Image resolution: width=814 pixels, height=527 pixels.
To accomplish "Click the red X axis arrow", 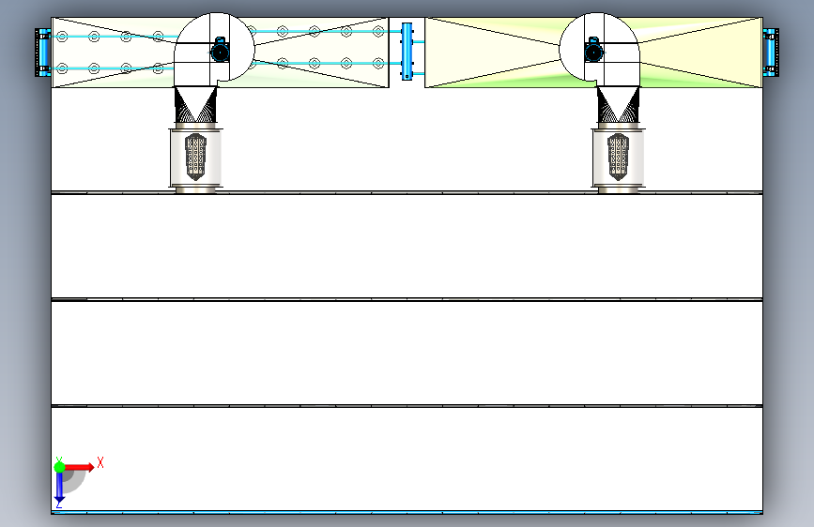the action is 79,466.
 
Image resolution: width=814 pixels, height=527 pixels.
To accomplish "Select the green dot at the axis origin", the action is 59,465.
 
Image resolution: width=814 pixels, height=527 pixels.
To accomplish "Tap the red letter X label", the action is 100,462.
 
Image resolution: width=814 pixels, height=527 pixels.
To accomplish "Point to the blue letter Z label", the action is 58,504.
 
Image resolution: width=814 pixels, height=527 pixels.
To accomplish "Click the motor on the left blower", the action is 220,50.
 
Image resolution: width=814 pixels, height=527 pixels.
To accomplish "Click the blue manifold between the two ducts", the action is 407,52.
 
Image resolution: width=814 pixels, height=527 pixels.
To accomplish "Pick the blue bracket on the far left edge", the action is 42,53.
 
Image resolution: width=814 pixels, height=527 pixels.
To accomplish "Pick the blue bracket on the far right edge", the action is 770,53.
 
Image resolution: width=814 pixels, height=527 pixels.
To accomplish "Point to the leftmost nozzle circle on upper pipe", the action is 62,37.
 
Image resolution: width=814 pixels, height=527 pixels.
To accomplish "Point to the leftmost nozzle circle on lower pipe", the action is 62,68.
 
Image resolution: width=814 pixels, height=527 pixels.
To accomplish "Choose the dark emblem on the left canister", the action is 196,155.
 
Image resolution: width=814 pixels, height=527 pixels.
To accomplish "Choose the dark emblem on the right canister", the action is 618,155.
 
